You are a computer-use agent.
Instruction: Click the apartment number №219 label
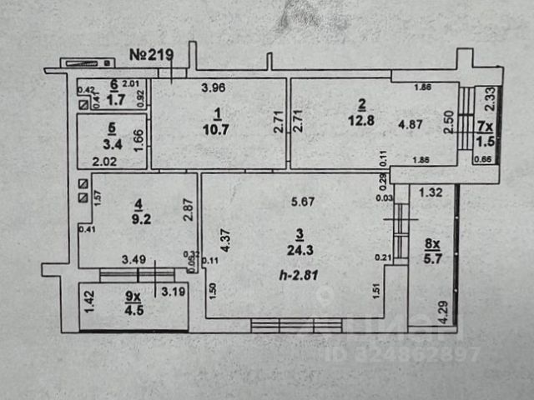(151, 56)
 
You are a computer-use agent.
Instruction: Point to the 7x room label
(485, 127)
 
